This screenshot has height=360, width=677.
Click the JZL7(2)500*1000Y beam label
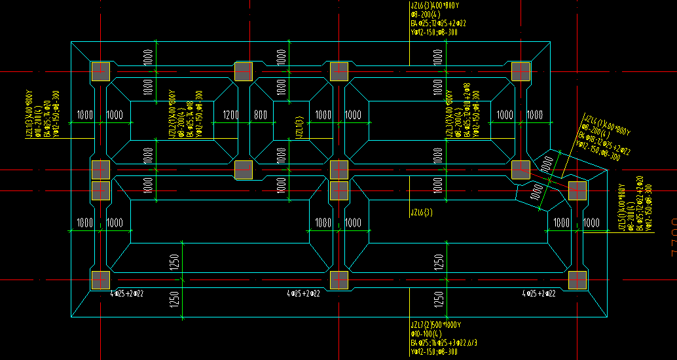(x=435, y=325)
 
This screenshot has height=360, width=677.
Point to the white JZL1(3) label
(x=299, y=126)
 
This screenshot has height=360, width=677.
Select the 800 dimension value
(x=261, y=115)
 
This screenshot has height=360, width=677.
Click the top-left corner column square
(x=100, y=71)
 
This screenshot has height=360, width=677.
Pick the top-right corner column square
(x=521, y=71)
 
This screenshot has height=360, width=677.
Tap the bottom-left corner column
(x=100, y=280)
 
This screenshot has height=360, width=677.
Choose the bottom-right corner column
(x=577, y=280)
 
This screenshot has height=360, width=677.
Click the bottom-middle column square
(x=338, y=280)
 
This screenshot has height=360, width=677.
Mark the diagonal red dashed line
(x=549, y=181)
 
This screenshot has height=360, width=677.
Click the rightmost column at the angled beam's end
(x=577, y=190)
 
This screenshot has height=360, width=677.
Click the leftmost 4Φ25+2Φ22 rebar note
(x=127, y=293)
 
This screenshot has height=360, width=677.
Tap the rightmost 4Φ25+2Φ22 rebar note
(x=538, y=293)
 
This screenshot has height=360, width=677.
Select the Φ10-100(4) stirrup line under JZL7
(x=426, y=334)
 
